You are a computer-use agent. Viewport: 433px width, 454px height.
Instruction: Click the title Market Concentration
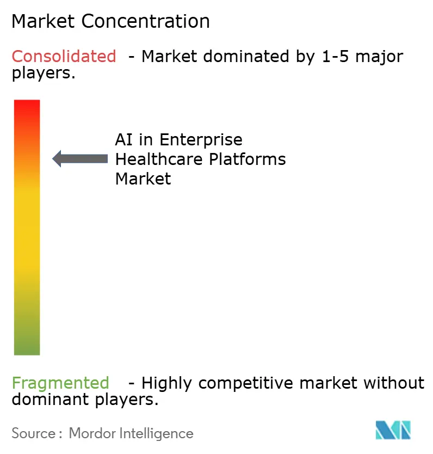click(x=110, y=22)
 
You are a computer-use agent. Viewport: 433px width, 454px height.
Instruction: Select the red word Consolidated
click(x=64, y=56)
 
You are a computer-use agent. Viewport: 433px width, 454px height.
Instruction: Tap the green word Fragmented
click(x=60, y=383)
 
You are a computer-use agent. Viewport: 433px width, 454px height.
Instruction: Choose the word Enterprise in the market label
click(x=201, y=140)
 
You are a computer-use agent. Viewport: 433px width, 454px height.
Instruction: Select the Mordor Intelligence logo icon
click(x=393, y=430)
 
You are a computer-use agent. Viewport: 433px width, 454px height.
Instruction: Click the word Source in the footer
click(x=33, y=433)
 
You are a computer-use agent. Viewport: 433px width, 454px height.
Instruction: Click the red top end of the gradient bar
click(x=27, y=106)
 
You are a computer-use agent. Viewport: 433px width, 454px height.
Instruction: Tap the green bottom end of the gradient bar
click(x=27, y=348)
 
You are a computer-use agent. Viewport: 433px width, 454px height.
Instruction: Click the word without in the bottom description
click(x=394, y=383)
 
